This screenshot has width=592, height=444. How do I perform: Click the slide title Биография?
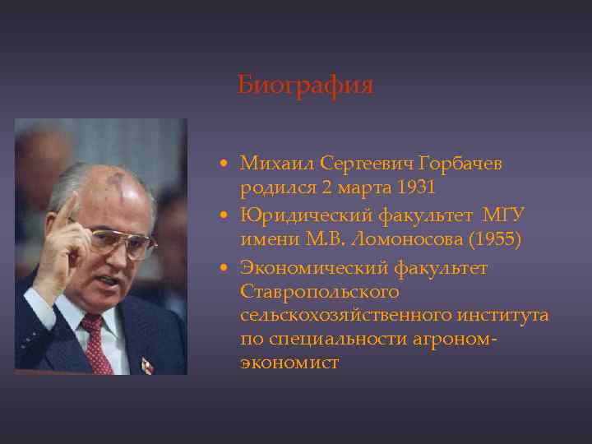click(305, 86)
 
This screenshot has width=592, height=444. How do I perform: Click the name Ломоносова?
click(386, 239)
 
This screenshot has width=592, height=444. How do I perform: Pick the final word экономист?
click(289, 363)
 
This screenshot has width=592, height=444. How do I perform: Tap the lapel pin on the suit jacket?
click(146, 365)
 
